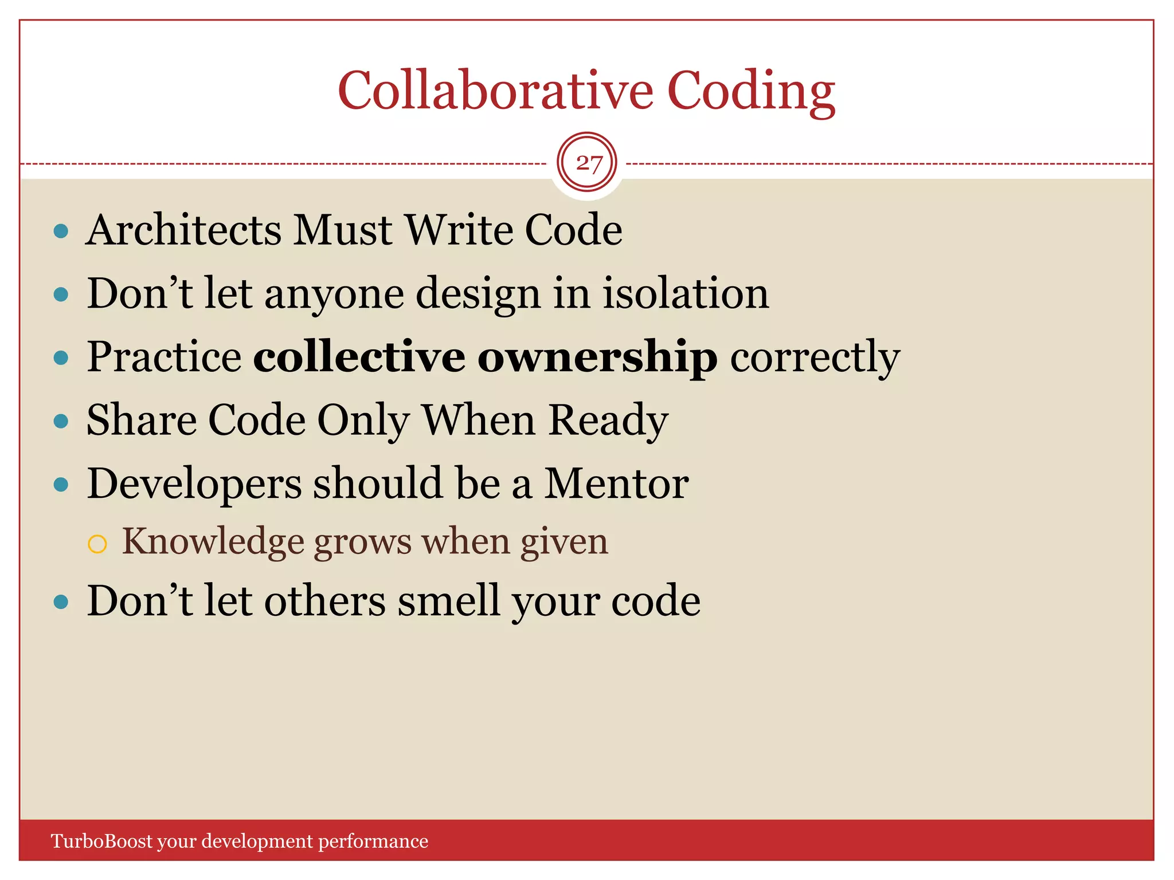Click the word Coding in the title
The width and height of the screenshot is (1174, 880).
[751, 92]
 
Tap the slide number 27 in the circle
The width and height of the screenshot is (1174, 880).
[588, 163]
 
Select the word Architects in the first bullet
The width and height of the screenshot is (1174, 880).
[183, 230]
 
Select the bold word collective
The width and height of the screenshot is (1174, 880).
[359, 356]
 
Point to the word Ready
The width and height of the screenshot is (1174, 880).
[609, 421]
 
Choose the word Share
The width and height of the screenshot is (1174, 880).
[142, 420]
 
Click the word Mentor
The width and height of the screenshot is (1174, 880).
[616, 484]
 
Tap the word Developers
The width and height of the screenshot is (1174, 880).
[194, 485]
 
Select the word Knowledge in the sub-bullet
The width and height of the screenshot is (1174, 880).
[213, 542]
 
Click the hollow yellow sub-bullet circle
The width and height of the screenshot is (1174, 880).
[97, 544]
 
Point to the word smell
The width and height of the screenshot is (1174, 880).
[448, 602]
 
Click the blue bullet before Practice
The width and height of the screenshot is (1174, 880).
[61, 358]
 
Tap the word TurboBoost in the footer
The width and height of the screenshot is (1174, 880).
[101, 841]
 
